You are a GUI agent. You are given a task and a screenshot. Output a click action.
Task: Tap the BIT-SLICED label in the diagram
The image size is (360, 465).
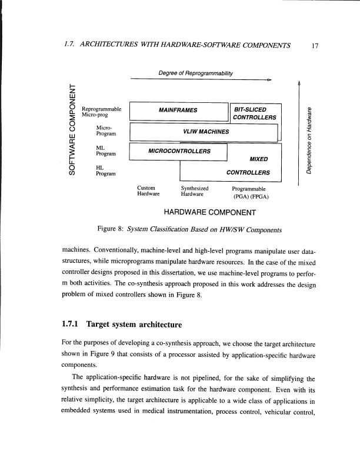[x=250, y=109]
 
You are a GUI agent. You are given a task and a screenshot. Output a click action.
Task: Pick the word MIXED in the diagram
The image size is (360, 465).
[x=259, y=159]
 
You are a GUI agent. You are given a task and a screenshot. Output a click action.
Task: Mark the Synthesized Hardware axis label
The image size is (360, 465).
[x=195, y=190]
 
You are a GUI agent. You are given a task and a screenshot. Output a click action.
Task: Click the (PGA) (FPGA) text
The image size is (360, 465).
[x=251, y=197]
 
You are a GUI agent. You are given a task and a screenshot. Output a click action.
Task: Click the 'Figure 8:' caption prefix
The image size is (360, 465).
[x=111, y=229]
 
